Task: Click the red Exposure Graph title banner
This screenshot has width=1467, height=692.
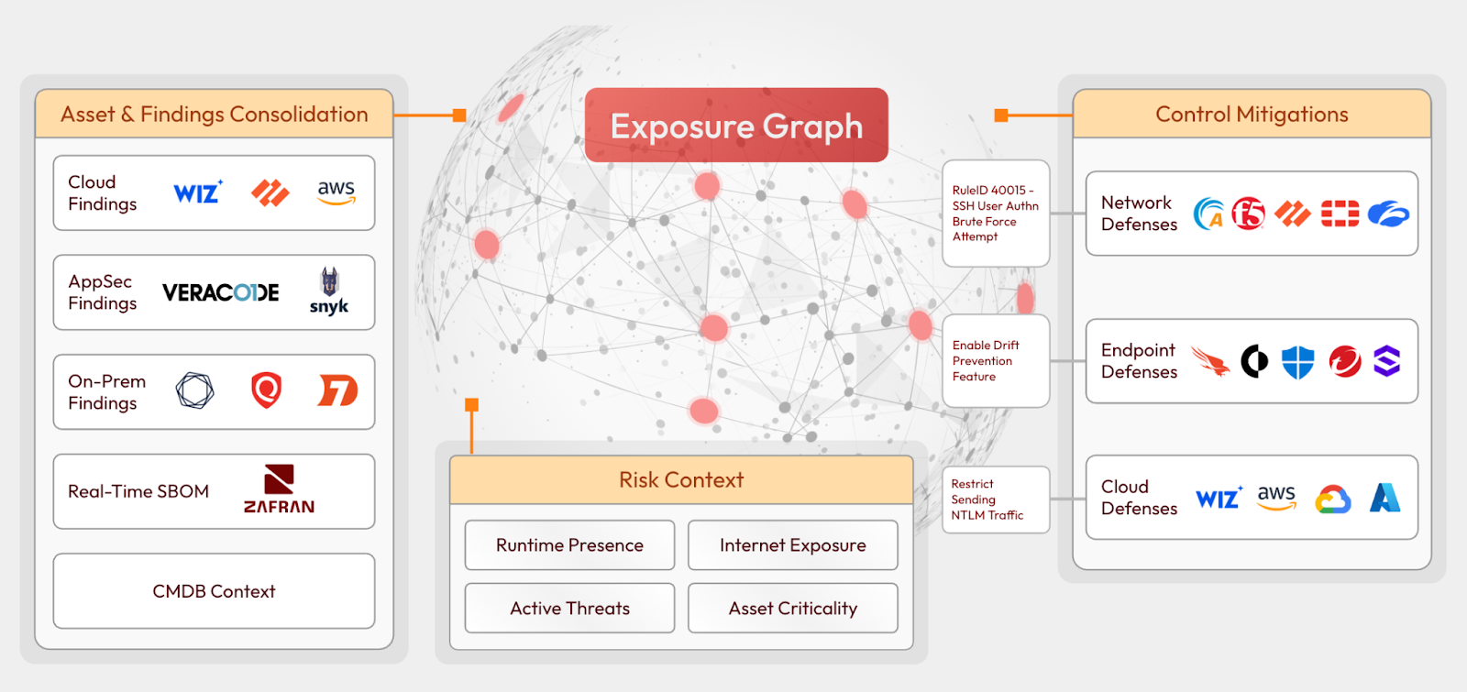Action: (x=736, y=126)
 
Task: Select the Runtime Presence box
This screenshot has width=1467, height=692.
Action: (x=569, y=545)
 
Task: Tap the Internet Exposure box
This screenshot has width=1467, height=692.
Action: (x=792, y=545)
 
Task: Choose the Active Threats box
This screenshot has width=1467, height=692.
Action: (x=569, y=609)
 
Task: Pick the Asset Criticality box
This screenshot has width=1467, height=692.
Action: (x=792, y=609)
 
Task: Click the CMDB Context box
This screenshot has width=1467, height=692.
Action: (x=214, y=591)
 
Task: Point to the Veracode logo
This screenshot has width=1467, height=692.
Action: (x=221, y=292)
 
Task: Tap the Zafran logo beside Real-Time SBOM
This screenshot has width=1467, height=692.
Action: (x=279, y=489)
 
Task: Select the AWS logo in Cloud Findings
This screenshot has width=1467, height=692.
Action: (x=336, y=192)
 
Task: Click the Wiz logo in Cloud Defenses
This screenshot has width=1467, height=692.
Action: (x=1219, y=498)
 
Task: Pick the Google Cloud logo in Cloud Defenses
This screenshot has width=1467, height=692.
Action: (x=1333, y=500)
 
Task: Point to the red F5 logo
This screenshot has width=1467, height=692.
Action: (x=1248, y=214)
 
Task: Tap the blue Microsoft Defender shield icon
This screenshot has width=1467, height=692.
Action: (x=1297, y=362)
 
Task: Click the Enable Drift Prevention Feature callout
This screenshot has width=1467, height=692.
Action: (x=995, y=361)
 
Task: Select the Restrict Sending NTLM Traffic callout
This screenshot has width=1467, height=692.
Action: (x=995, y=500)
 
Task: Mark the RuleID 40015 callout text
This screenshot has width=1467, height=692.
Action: (x=995, y=214)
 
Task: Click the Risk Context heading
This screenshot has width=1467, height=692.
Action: (x=681, y=480)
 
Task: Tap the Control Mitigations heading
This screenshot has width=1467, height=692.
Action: (x=1252, y=115)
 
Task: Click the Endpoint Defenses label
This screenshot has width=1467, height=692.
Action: (x=1139, y=361)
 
